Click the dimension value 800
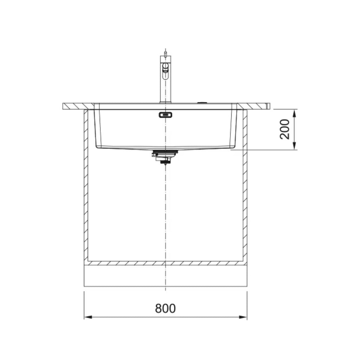coord(165,308)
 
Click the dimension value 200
coord(285,129)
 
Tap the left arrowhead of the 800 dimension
coord(88,317)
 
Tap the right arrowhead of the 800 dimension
coord(243,317)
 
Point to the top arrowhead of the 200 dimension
coord(294,112)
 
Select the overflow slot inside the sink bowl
coord(165,115)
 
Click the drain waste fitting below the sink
coord(165,156)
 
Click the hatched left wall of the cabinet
coord(86,186)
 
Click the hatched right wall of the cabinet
coord(245,186)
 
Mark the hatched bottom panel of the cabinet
coord(165,263)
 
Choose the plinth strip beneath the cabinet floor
coord(165,276)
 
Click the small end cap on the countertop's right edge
coord(268,106)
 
